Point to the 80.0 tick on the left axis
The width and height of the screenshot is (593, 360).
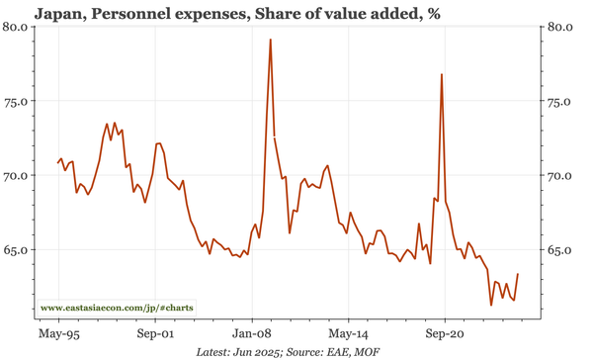pos(17,26)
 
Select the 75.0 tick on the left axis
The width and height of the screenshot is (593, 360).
pos(17,101)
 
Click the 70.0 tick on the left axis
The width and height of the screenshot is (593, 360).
pos(17,176)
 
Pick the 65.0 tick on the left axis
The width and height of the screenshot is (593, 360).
pos(17,250)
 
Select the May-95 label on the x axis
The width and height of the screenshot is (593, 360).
pos(59,334)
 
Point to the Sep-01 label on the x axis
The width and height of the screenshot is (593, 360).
pos(155,334)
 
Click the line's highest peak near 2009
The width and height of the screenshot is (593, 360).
pos(270,41)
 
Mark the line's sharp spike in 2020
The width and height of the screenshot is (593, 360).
pos(441,75)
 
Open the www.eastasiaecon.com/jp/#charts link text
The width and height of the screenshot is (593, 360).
pos(117,309)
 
